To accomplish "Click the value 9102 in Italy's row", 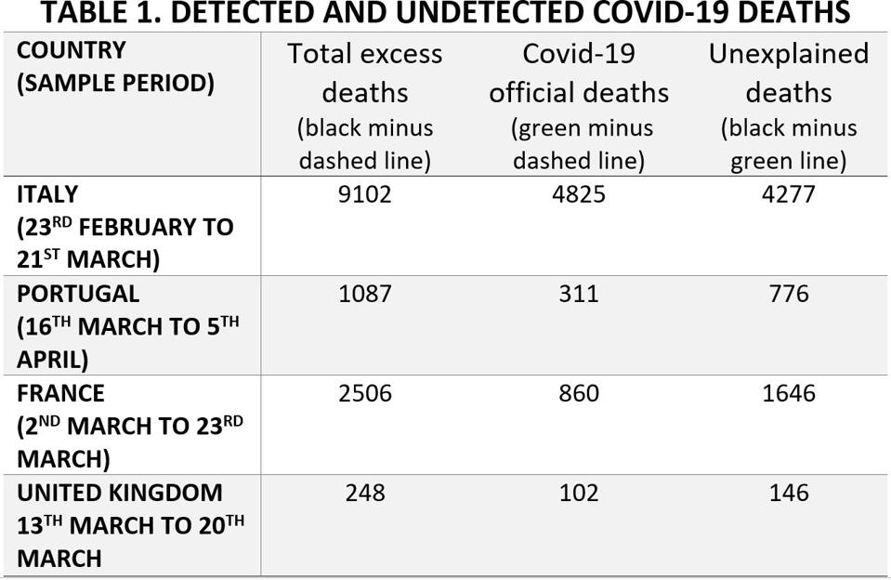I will pyautogui.click(x=364, y=194).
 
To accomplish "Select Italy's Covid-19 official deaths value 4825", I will pyautogui.click(x=578, y=194).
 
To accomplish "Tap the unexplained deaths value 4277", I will pyautogui.click(x=788, y=194).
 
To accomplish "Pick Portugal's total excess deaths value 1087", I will pyautogui.click(x=364, y=294).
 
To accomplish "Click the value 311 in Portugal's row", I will pyautogui.click(x=578, y=294).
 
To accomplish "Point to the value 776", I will pyautogui.click(x=788, y=294).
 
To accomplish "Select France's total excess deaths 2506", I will pyautogui.click(x=364, y=393).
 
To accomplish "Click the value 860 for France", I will pyautogui.click(x=578, y=393).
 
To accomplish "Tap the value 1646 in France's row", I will pyautogui.click(x=788, y=393).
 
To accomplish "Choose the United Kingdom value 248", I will pyautogui.click(x=364, y=493).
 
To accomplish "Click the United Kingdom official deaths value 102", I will pyautogui.click(x=578, y=493).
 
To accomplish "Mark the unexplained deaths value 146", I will pyautogui.click(x=788, y=493).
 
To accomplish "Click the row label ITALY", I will pyautogui.click(x=47, y=194).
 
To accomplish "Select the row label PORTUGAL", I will pyautogui.click(x=78, y=294).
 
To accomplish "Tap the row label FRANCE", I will pyautogui.click(x=60, y=393).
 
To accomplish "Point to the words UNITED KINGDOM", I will pyautogui.click(x=119, y=493).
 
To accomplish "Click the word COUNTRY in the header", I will pyautogui.click(x=71, y=50).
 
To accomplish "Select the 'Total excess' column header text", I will pyautogui.click(x=364, y=54).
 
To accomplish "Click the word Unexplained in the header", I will pyautogui.click(x=788, y=54).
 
